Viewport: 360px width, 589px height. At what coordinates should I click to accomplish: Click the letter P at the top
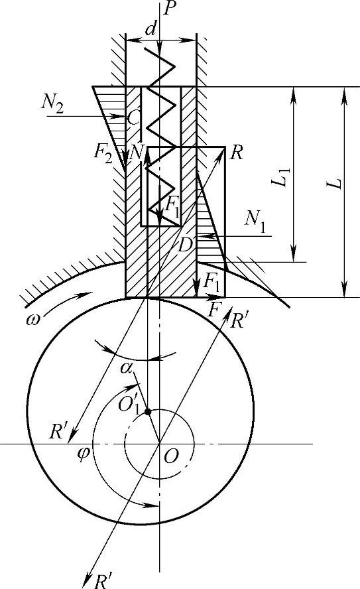170,8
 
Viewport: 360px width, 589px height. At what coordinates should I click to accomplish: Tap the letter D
186,245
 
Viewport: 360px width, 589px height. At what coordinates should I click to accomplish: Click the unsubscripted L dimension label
335,183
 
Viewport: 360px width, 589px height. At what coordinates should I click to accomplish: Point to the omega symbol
33,320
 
